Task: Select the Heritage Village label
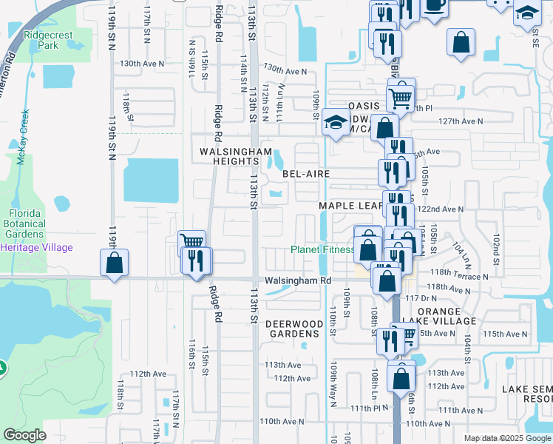[x=37, y=247]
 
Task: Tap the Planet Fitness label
[x=322, y=249]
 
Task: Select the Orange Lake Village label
[x=447, y=316]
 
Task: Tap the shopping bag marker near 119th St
[x=115, y=263]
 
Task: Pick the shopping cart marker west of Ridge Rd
[x=191, y=243]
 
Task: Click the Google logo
[x=24, y=435]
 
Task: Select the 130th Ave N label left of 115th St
[x=142, y=64]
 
